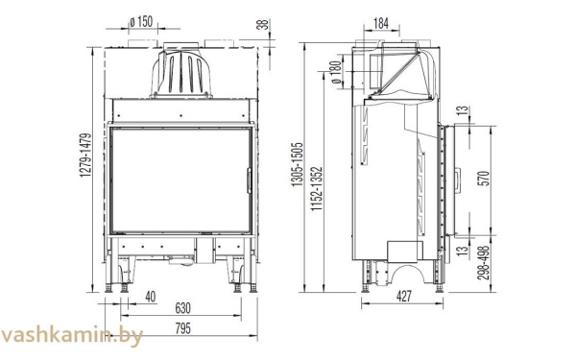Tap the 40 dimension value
coord(151,296)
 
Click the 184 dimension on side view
coord(381,20)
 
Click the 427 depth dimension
coord(403,297)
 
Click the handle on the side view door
coord(457,179)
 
